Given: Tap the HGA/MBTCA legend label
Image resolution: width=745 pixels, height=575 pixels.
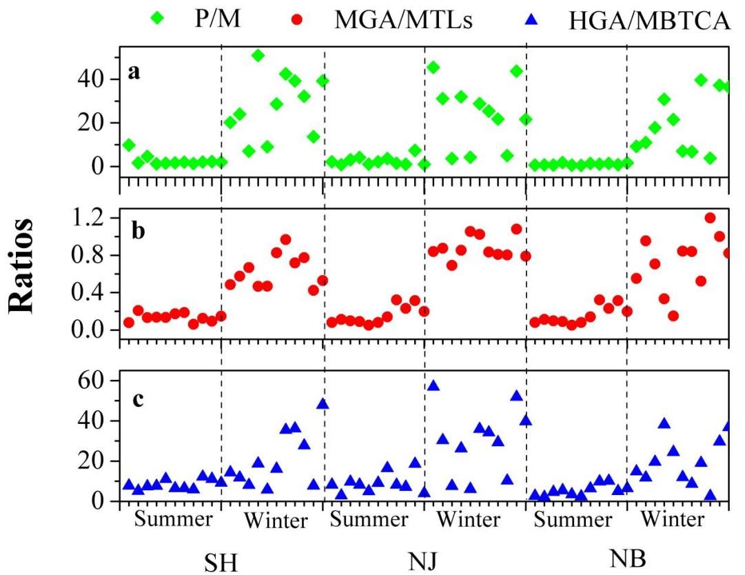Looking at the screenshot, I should click(x=649, y=21).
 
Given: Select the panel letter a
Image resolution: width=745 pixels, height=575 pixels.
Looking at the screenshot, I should click(x=136, y=72).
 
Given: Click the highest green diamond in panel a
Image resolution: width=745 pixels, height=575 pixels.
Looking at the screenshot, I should click(x=258, y=55).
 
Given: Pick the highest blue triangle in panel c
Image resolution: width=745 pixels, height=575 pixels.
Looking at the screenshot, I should click(x=433, y=385).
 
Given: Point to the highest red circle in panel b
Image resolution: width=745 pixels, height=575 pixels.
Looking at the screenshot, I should click(x=710, y=218).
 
